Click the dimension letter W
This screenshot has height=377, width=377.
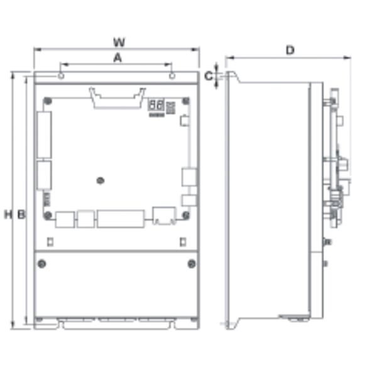tap(119, 42)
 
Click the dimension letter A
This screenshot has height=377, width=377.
tap(117, 58)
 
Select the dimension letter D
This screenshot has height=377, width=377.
tap(290, 50)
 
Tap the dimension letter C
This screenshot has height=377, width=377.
tap(209, 76)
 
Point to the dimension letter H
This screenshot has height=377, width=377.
tap(8, 214)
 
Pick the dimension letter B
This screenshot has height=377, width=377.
tap(21, 214)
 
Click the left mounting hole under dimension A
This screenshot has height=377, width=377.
tap(61, 76)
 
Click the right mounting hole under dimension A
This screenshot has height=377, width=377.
tap(172, 76)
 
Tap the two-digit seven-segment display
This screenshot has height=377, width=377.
tap(156, 105)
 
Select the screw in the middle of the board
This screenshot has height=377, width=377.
tap(101, 180)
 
